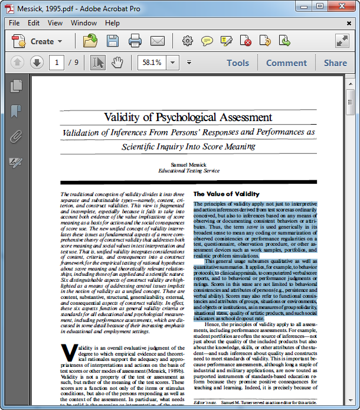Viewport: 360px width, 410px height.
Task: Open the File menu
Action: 14,23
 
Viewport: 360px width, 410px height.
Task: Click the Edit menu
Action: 34,23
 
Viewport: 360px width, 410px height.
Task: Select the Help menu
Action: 112,23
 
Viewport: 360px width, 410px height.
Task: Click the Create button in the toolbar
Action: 38,41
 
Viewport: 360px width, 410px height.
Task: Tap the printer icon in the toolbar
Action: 135,41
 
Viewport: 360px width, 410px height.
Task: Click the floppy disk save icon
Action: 113,41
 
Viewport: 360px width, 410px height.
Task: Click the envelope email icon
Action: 157,41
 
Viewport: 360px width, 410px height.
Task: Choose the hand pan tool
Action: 117,63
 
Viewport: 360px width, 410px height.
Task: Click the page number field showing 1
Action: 57,63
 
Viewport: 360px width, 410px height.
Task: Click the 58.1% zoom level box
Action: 151,63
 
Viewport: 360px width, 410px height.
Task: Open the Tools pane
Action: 238,63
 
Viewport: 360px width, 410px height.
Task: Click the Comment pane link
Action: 286,63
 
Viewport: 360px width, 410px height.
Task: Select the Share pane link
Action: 335,63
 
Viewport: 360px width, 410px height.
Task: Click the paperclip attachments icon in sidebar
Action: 16,136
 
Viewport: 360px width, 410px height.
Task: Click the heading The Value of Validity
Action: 226,194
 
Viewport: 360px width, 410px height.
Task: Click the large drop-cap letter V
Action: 69,353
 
